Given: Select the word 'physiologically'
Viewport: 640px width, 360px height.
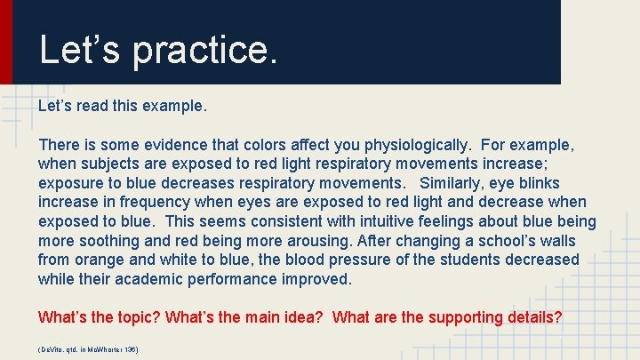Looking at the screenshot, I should (413, 144).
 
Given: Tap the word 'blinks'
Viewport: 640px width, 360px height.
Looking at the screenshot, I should (538, 183).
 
